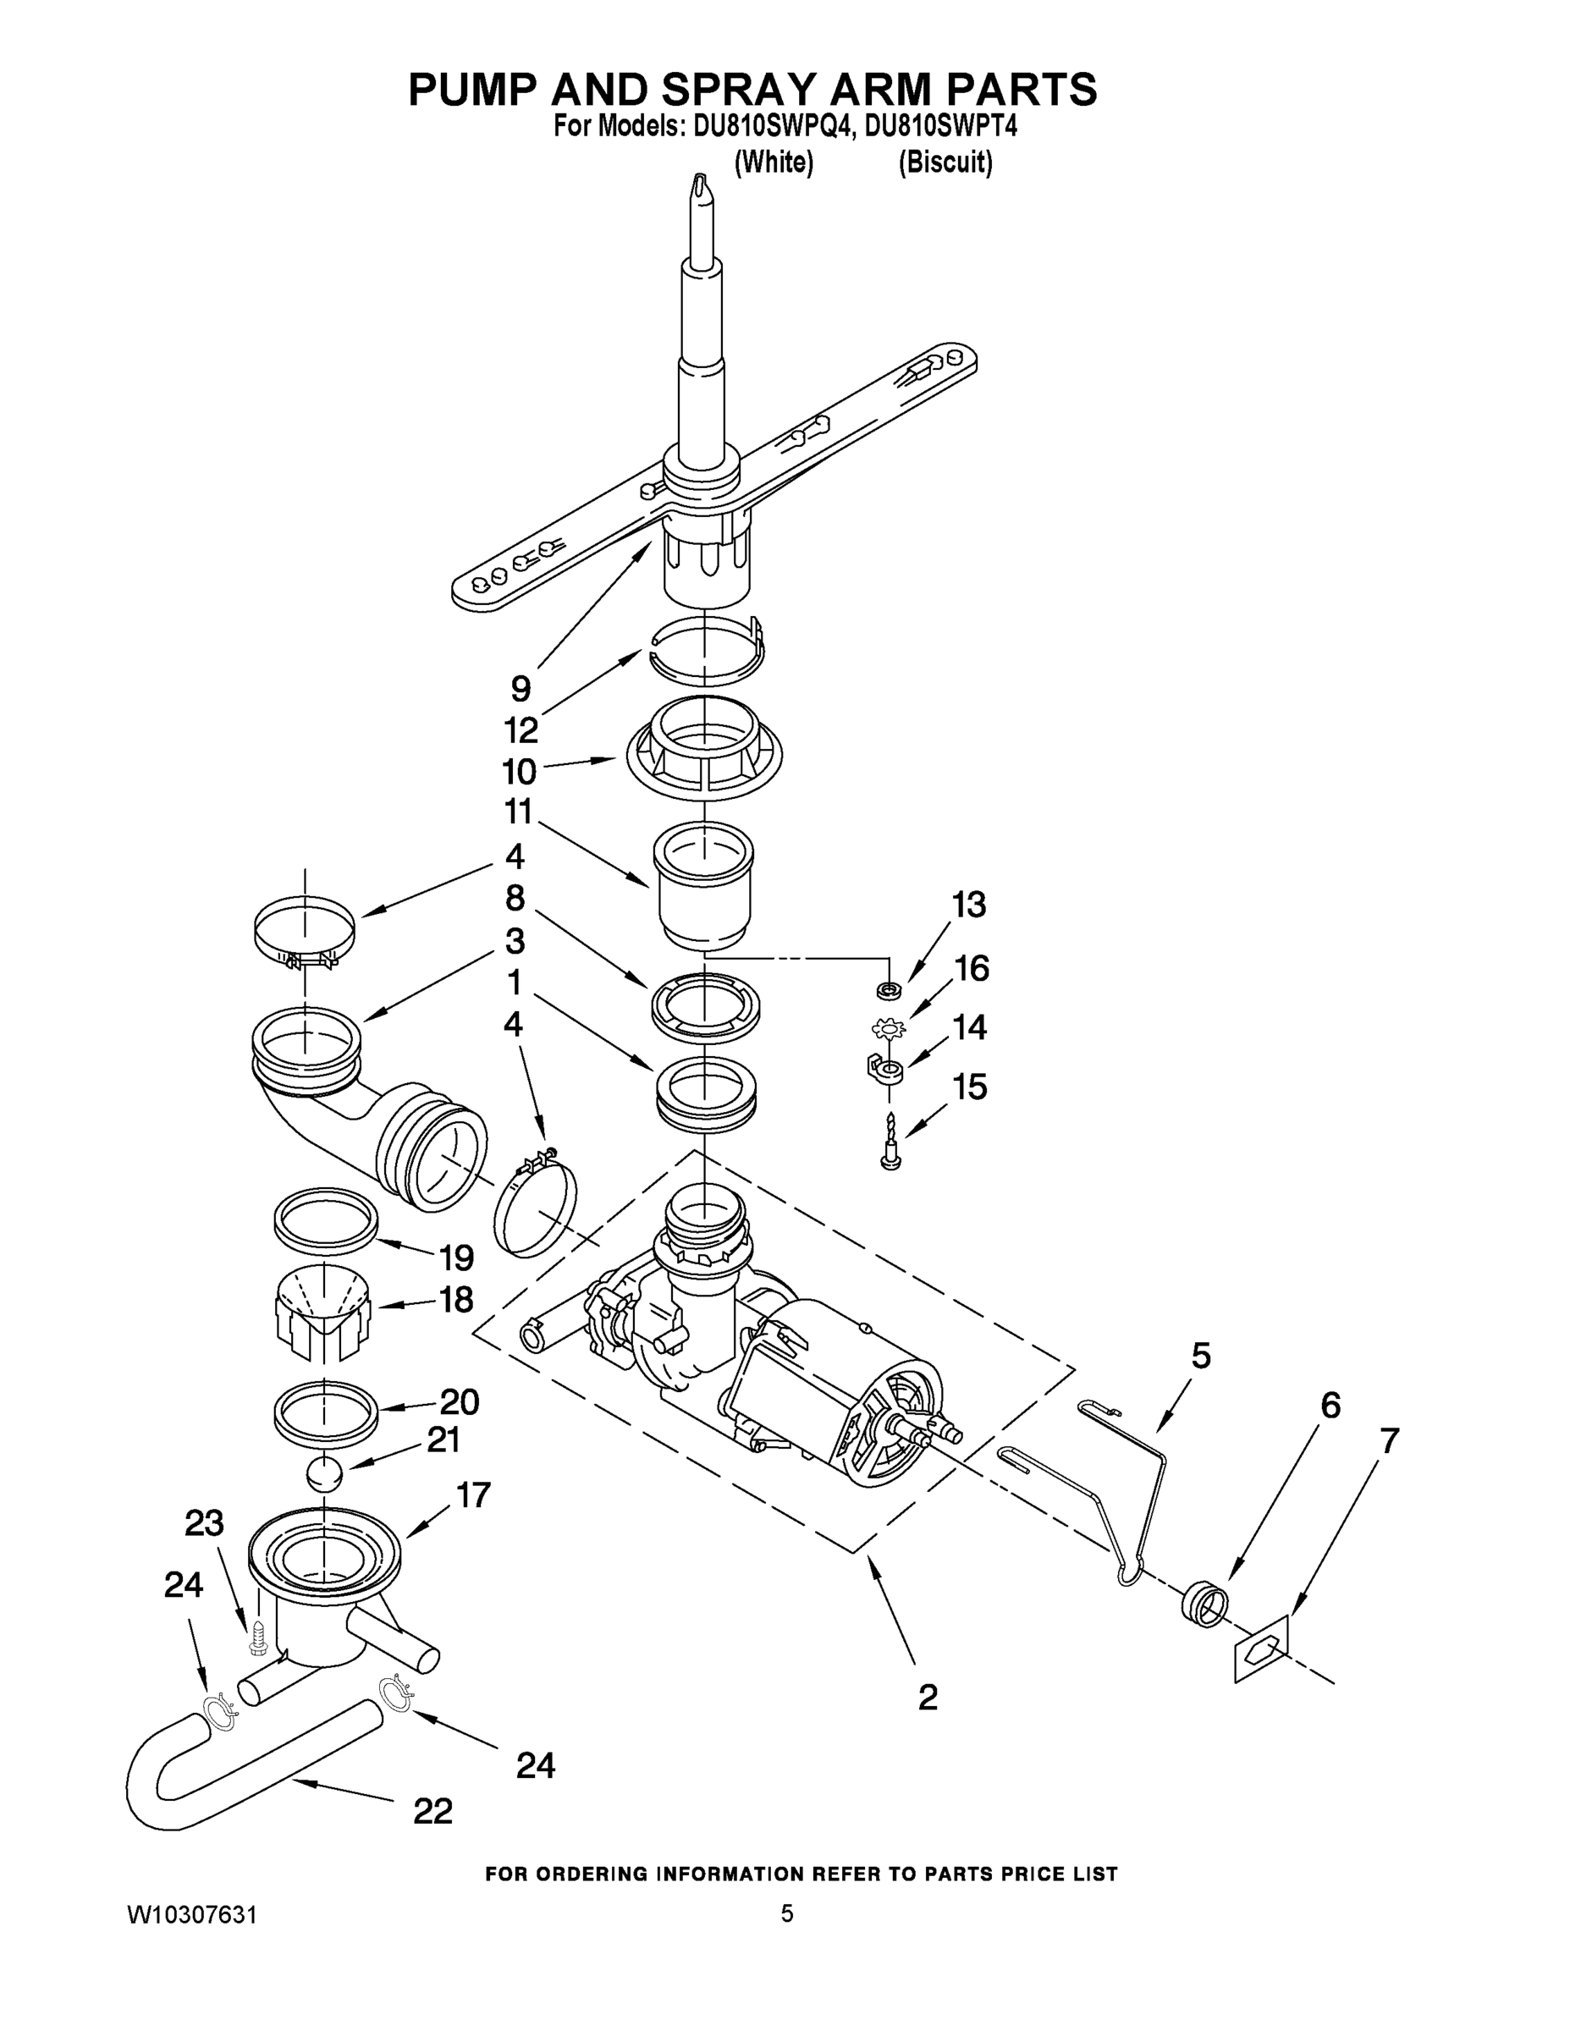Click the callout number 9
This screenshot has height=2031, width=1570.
point(521,689)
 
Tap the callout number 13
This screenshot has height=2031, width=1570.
point(968,904)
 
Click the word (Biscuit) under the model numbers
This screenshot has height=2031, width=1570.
point(945,162)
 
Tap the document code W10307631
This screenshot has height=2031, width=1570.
point(191,1915)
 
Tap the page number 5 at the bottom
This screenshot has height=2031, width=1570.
point(787,1914)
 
